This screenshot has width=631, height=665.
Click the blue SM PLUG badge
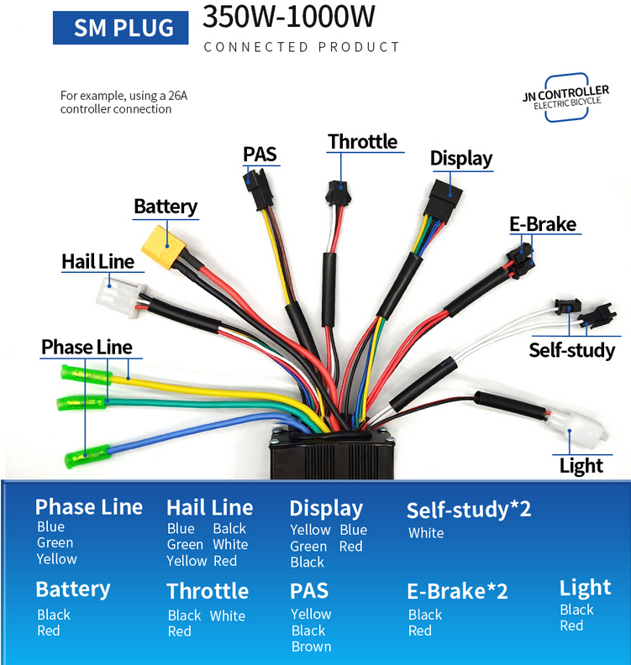pyautogui.click(x=124, y=28)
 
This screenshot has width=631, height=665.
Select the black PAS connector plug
pyautogui.click(x=255, y=181)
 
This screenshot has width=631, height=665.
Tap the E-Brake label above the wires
pyautogui.click(x=543, y=224)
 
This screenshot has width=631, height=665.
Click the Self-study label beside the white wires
pyautogui.click(x=571, y=349)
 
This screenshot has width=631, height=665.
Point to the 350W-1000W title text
pyautogui.click(x=288, y=17)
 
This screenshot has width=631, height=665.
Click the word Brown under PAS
pyautogui.click(x=311, y=647)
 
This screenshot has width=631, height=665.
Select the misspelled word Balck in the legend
pyautogui.click(x=229, y=528)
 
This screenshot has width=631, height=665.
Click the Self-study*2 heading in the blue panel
pyautogui.click(x=469, y=510)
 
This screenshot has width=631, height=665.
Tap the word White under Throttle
pyautogui.click(x=228, y=615)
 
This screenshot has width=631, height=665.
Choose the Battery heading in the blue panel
pyautogui.click(x=73, y=589)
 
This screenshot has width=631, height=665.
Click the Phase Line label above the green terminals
pyautogui.click(x=87, y=347)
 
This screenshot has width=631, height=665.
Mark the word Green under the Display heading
pyautogui.click(x=308, y=546)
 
